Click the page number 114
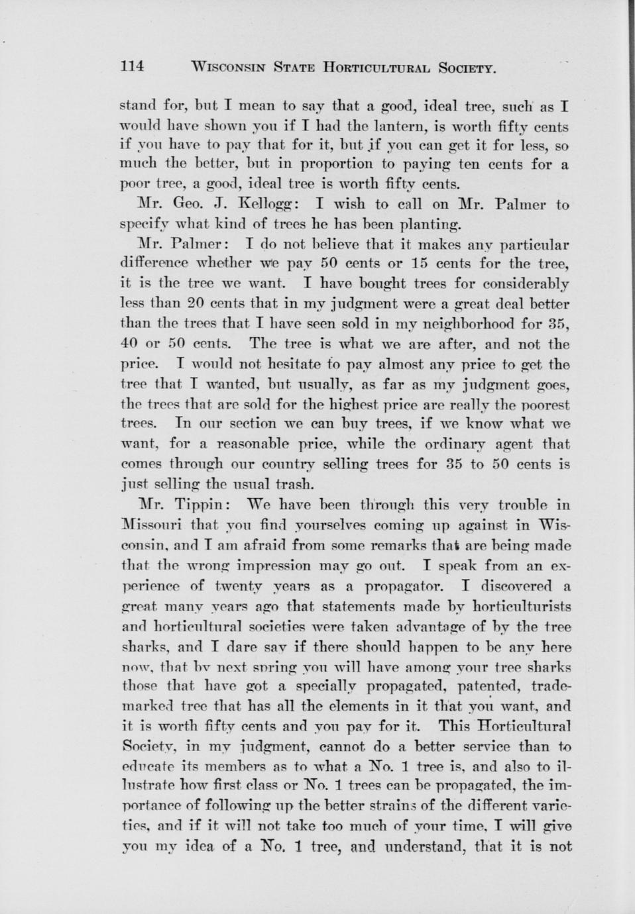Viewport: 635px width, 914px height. (133, 66)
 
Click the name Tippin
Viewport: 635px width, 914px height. (199, 505)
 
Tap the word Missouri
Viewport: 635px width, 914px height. (159, 526)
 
